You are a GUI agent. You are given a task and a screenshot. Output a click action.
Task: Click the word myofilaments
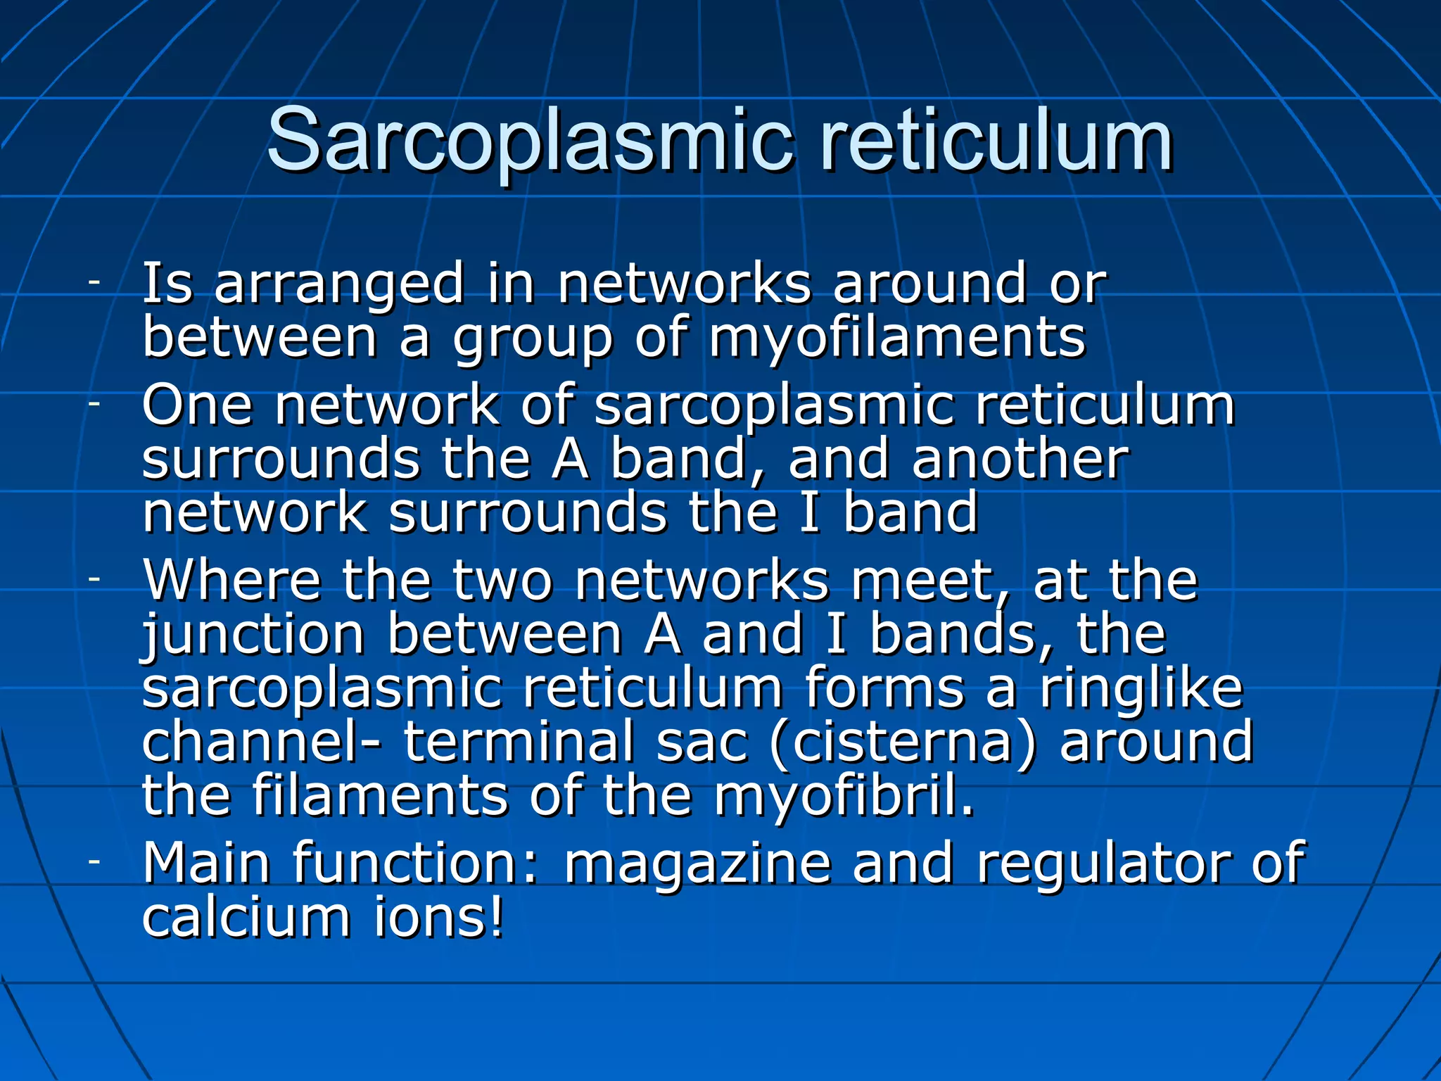(897, 339)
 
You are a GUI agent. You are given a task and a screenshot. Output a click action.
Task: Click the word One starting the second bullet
(198, 406)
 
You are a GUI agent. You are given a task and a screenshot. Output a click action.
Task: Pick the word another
(1020, 460)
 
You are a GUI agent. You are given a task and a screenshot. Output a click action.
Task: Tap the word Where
(232, 581)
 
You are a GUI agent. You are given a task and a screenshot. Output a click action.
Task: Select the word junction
(253, 636)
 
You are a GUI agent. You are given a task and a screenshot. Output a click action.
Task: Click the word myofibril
(844, 797)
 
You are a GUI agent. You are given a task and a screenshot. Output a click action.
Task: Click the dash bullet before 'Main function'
(94, 861)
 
